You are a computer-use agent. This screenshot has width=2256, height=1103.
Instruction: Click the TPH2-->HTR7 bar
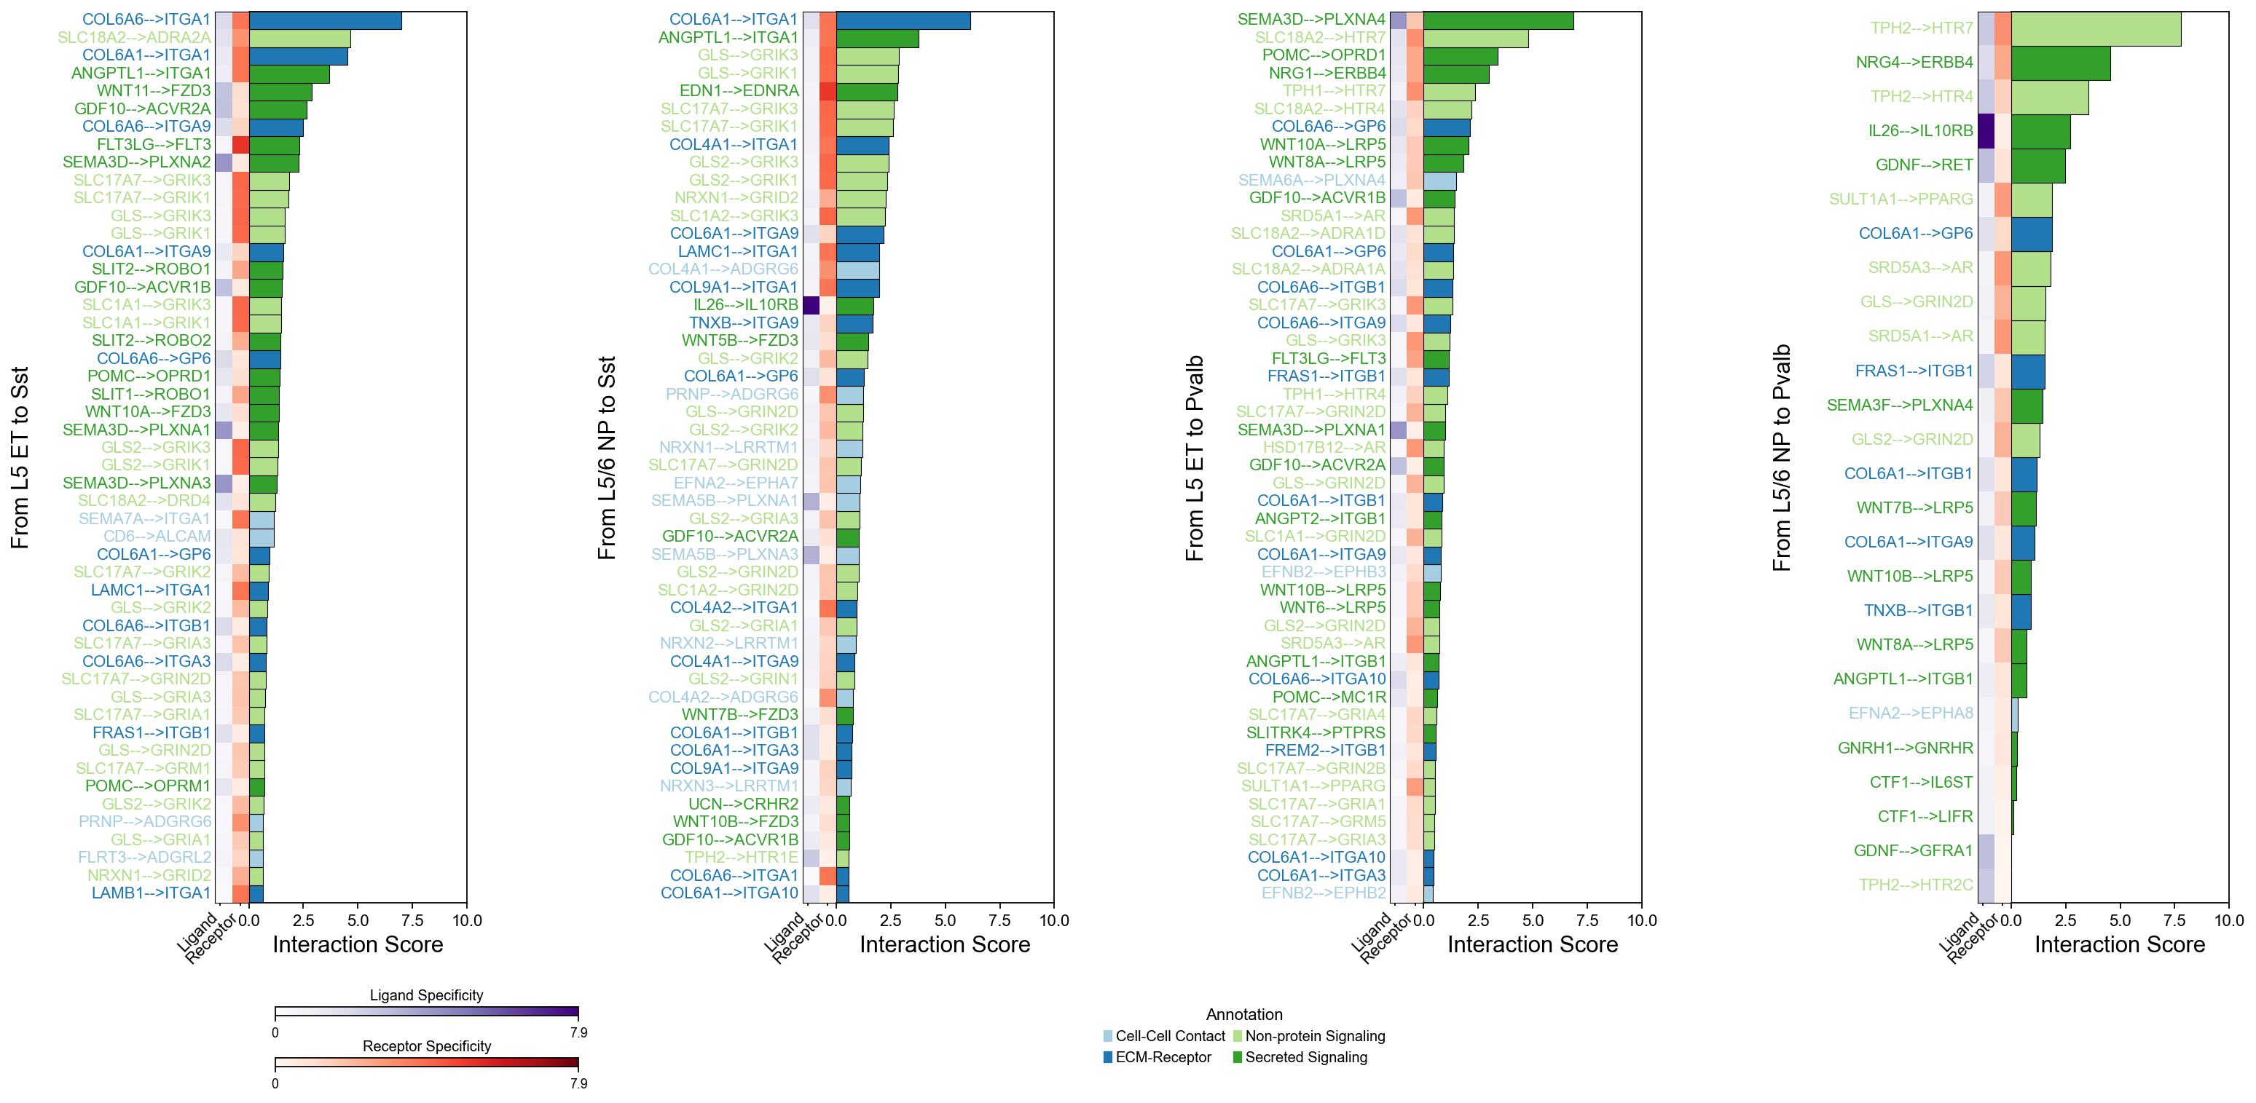click(x=2095, y=28)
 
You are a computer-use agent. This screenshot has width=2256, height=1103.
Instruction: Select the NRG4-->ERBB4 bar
click(x=2060, y=62)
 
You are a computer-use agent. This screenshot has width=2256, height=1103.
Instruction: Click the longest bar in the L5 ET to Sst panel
click(x=325, y=19)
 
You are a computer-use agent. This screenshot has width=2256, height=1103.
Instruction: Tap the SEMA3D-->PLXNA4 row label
click(x=1311, y=19)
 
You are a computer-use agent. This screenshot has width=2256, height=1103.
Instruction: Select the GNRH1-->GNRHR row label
click(x=1905, y=748)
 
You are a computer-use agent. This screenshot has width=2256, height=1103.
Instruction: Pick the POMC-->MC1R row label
click(x=1329, y=697)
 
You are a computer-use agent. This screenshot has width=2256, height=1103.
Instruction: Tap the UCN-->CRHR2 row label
click(x=743, y=804)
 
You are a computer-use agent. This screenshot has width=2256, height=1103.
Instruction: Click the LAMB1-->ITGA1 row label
click(x=151, y=893)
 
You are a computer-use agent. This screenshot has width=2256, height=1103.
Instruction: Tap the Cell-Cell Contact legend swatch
click(x=1109, y=1037)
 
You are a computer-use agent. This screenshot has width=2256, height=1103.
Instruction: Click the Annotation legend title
click(x=1243, y=1015)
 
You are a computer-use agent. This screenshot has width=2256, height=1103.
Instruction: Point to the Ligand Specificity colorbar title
click(x=426, y=995)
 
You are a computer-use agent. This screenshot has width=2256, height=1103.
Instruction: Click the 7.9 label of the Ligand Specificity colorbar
click(x=578, y=1033)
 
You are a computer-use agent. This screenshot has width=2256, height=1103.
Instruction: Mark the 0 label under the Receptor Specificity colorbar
click(x=275, y=1084)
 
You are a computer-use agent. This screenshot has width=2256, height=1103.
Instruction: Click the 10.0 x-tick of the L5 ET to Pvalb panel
click(x=1641, y=920)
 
